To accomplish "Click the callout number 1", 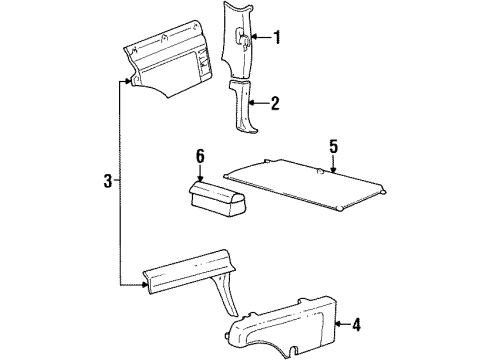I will pyautogui.click(x=278, y=39).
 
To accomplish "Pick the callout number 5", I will pyautogui.click(x=332, y=147).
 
